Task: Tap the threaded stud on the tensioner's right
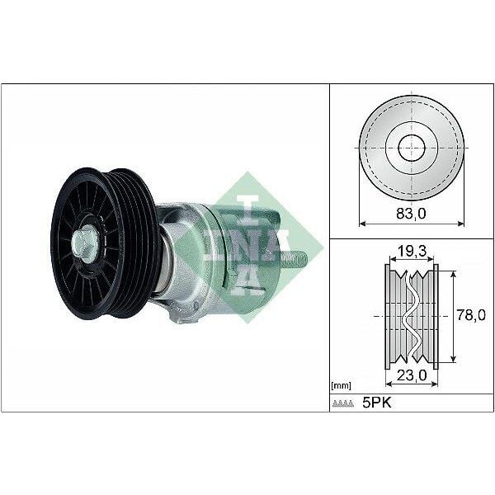pyautogui.click(x=299, y=259)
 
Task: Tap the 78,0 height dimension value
pyautogui.click(x=471, y=314)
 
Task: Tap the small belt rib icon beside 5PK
pyautogui.click(x=342, y=403)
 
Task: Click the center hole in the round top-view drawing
pyautogui.click(x=412, y=148)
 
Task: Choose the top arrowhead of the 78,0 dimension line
pyautogui.click(x=454, y=271)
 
